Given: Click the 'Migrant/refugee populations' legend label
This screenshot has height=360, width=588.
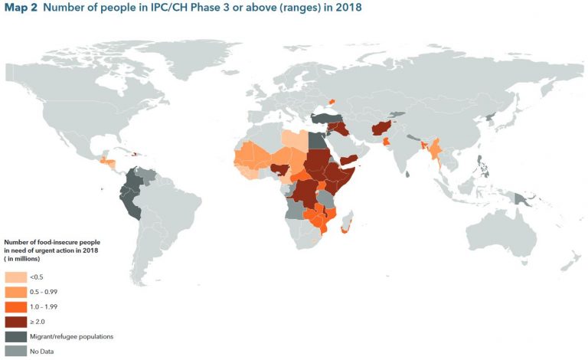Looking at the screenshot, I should tap(67, 336).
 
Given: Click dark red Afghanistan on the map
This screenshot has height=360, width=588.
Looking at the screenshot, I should tap(382, 128).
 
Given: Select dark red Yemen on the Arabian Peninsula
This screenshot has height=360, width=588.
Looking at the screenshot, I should tap(351, 159).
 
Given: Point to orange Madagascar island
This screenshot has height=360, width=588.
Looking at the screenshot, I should tap(347, 227).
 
